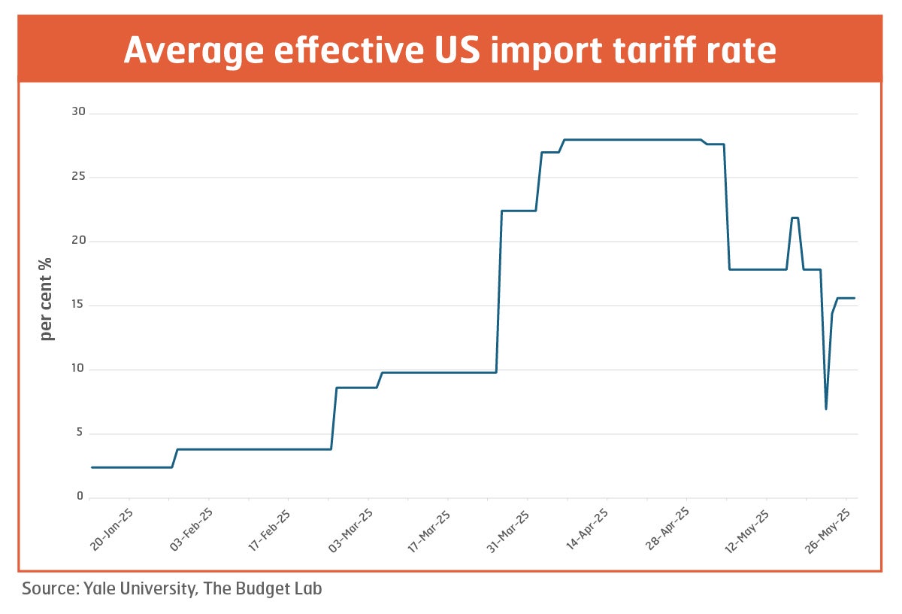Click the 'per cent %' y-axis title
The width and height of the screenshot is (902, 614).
point(47,299)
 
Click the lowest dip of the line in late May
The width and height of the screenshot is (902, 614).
point(826,409)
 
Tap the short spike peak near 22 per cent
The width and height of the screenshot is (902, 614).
point(795,218)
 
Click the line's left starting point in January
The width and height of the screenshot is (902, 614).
point(92,467)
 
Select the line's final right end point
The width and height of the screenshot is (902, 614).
point(854,298)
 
